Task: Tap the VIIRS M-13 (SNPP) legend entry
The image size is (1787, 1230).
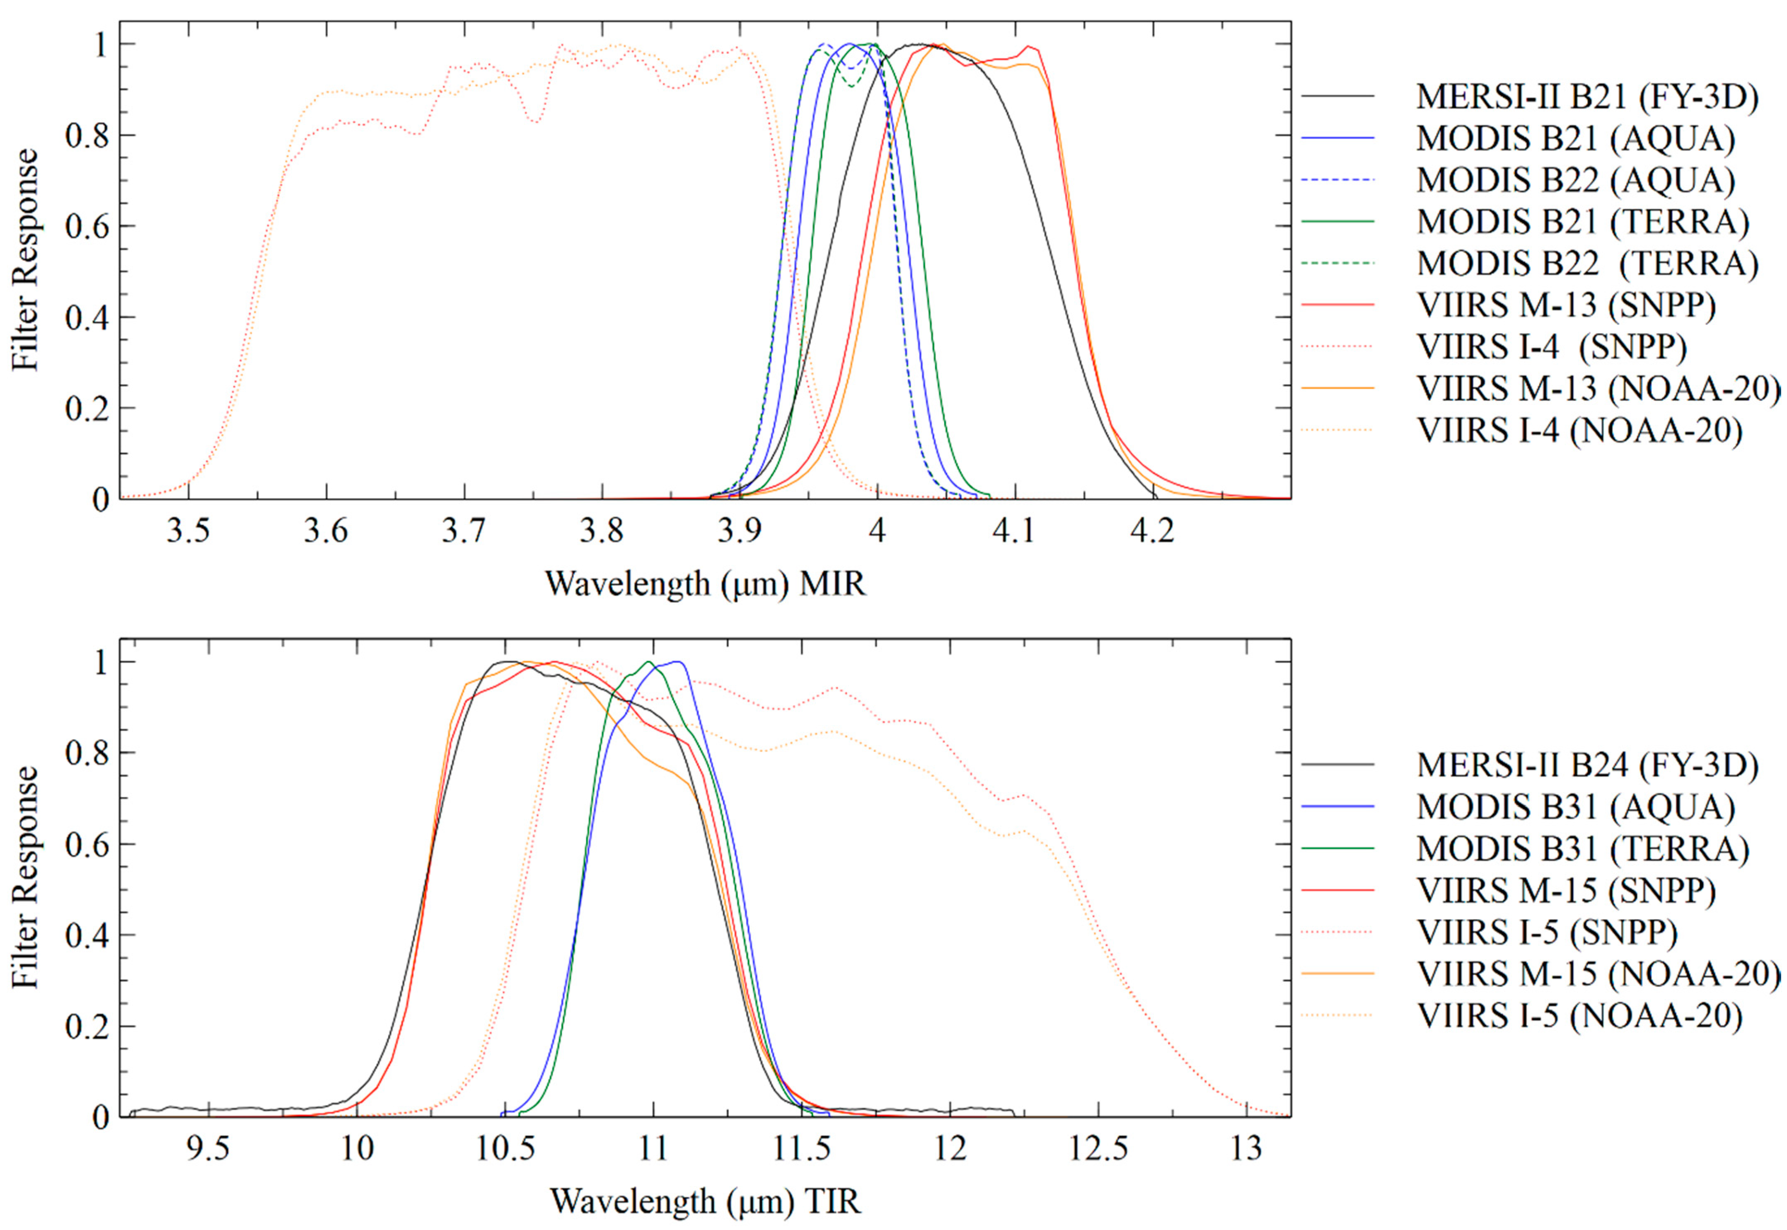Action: click(x=1566, y=305)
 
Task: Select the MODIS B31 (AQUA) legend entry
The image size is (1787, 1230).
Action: click(x=1575, y=807)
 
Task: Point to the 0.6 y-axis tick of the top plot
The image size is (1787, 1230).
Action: click(x=88, y=227)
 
